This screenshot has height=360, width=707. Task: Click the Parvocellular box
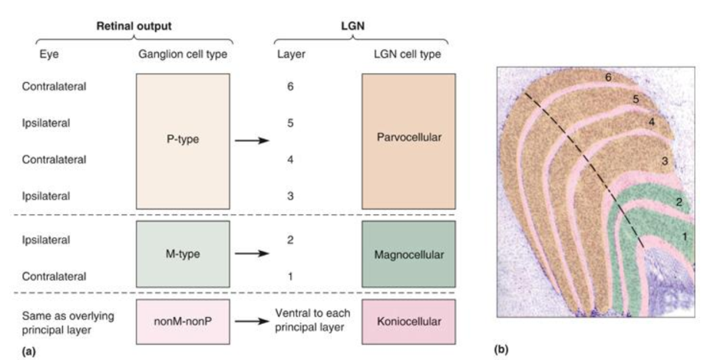(408, 140)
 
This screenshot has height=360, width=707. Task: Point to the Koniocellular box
(408, 321)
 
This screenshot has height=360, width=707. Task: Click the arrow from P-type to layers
(252, 140)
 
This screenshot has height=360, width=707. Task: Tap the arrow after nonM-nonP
(252, 321)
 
